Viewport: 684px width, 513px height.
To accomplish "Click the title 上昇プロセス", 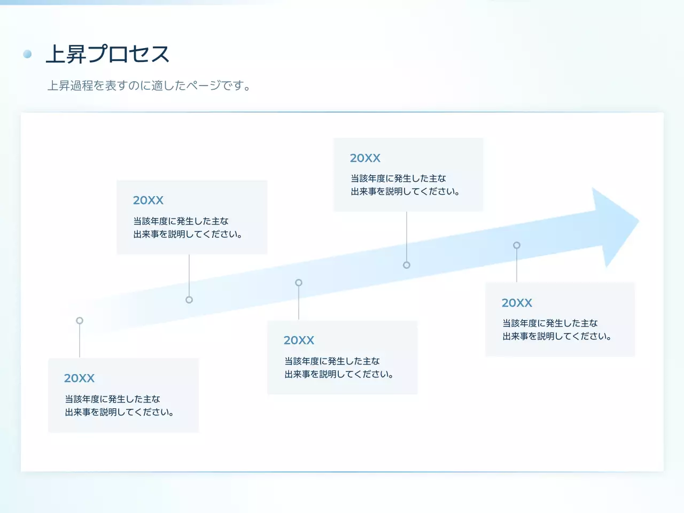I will click(x=107, y=54).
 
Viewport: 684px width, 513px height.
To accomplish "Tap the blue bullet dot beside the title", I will click(x=27, y=54).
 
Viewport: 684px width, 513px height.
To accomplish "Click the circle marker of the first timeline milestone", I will click(x=80, y=321).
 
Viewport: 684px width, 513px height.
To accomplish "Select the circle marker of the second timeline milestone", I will click(x=189, y=300).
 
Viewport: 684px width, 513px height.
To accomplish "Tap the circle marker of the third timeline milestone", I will click(x=299, y=283).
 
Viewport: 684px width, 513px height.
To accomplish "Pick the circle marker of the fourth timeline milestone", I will click(x=407, y=265).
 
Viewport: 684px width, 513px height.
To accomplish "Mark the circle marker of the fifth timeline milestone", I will click(x=517, y=245).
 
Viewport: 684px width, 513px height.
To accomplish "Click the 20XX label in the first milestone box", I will click(x=79, y=378).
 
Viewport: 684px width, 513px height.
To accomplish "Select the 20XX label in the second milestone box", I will click(x=148, y=200).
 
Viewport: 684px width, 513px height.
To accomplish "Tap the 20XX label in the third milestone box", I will click(x=299, y=340).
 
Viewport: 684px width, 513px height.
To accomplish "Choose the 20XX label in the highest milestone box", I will click(x=365, y=158).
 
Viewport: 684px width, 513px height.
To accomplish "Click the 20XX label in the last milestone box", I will click(x=517, y=303).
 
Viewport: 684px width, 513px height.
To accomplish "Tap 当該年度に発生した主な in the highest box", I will click(x=398, y=178).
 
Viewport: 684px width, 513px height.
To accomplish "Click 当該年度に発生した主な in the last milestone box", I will click(x=550, y=323).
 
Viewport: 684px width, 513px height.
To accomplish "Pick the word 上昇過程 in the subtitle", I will click(x=70, y=85).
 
